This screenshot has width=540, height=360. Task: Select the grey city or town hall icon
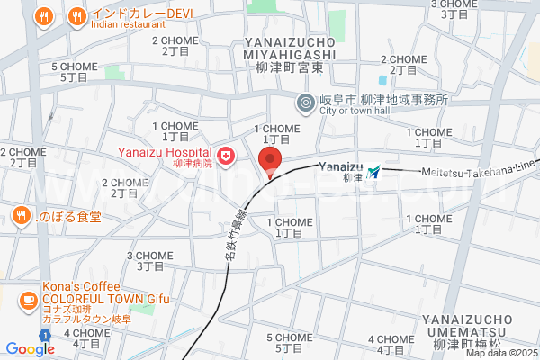point(306,103)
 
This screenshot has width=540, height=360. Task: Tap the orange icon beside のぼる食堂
point(20,215)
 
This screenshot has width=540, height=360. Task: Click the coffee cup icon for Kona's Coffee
point(29,299)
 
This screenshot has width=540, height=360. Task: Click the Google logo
point(30,348)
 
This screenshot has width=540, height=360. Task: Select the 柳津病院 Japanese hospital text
point(194,164)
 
